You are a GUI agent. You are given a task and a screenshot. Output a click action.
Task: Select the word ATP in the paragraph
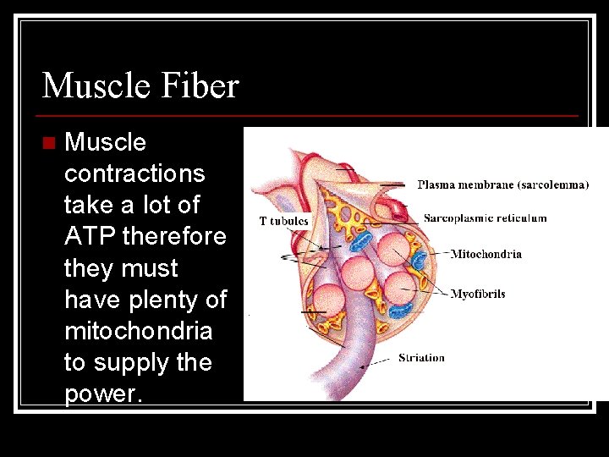(x=91, y=236)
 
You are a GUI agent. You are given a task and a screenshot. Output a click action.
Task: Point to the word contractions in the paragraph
(x=134, y=173)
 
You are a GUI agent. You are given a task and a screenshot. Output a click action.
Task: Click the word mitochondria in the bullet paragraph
(x=138, y=331)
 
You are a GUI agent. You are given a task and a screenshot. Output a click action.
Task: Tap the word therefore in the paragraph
(x=174, y=236)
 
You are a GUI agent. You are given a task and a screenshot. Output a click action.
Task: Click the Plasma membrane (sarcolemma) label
(x=502, y=185)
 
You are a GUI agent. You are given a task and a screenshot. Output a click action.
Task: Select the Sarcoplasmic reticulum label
(x=485, y=218)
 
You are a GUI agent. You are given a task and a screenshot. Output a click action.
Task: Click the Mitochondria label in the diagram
(x=486, y=254)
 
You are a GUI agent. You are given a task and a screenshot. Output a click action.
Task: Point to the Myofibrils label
(x=478, y=295)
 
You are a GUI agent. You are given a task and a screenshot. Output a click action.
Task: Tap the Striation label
(x=421, y=358)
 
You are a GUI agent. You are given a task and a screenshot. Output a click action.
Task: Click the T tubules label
(x=284, y=222)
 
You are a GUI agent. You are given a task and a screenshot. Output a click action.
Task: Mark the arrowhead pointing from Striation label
(x=364, y=366)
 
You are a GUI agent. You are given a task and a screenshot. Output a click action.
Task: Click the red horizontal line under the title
(x=310, y=116)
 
